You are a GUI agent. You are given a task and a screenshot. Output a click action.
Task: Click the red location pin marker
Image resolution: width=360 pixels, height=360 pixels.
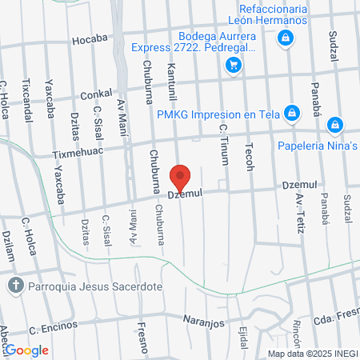coord(181,178)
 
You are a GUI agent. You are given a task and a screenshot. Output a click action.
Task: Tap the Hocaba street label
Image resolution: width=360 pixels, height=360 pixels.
coord(88,38)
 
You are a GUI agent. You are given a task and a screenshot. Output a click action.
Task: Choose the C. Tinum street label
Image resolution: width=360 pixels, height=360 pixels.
coord(224,147)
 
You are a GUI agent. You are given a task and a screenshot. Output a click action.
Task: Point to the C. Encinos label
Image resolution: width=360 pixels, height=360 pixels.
coord(53,327)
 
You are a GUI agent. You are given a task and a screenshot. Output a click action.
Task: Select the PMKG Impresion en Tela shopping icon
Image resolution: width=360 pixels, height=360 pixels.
coord(293,113)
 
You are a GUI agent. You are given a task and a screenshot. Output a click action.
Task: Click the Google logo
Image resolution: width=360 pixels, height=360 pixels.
coord(26,350)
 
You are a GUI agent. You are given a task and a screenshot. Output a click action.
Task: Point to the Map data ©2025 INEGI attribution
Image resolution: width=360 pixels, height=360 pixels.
coord(313,354)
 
